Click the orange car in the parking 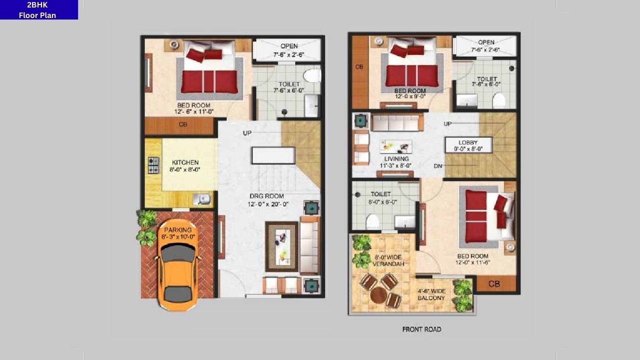click(177, 272)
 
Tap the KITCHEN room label click(185, 166)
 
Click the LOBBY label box click(468, 145)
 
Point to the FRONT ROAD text click(421, 329)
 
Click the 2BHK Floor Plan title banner click(38, 10)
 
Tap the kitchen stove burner click(153, 165)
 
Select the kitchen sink click(204, 199)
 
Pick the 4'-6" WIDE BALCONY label click(431, 294)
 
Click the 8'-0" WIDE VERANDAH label click(387, 260)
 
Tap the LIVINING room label click(396, 162)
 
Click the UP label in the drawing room click(247, 133)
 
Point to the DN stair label click(437, 166)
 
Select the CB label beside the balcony click(493, 284)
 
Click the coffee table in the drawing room click(281, 245)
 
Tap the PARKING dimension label click(178, 233)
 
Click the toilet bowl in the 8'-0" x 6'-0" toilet click(371, 221)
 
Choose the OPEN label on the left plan click(289, 46)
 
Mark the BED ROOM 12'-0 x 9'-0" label click(410, 94)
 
